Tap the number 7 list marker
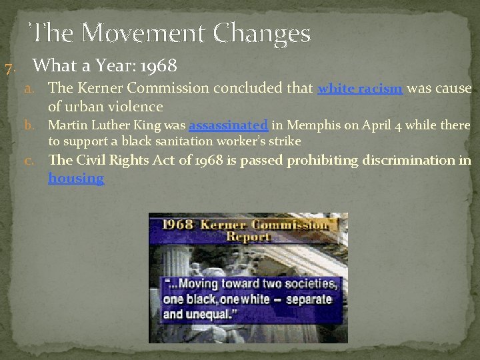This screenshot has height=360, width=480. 9,67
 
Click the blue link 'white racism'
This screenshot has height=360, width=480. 360,88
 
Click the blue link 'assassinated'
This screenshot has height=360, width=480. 228,125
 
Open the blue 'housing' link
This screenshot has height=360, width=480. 76,178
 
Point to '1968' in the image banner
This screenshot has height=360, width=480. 171,224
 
